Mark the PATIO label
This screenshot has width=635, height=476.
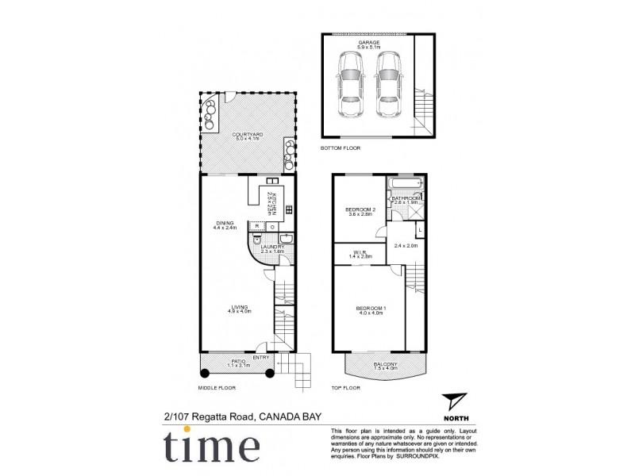238,363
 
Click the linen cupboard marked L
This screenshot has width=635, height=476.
420,230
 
